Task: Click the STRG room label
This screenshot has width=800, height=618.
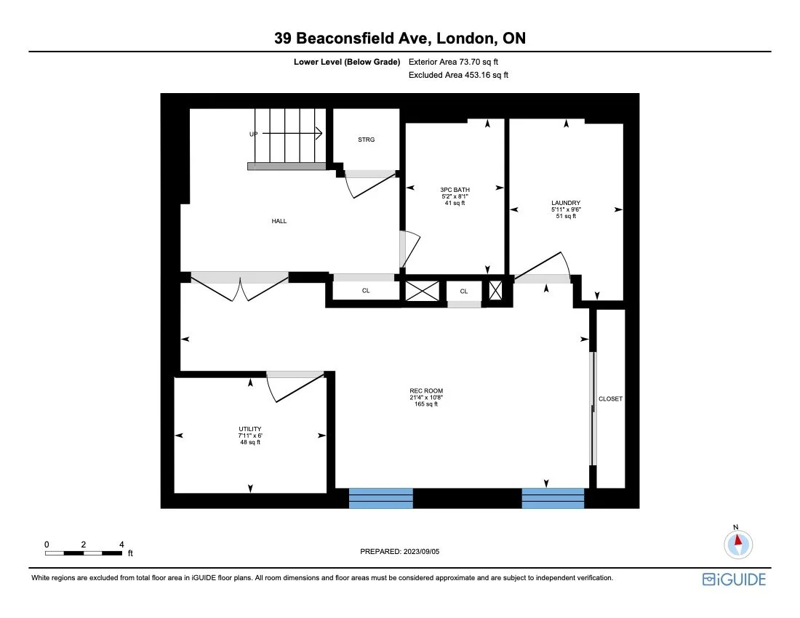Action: point(366,140)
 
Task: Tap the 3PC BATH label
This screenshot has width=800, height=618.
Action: point(454,190)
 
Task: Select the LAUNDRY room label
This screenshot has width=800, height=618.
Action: point(565,203)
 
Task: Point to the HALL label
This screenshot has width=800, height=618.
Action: point(279,221)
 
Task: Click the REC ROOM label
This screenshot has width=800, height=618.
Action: point(425,391)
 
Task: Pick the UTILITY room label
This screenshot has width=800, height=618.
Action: point(249,429)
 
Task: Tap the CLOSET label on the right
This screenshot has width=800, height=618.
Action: point(610,399)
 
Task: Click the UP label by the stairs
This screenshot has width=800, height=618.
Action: point(253,135)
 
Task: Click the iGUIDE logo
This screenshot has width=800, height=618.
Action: point(734,579)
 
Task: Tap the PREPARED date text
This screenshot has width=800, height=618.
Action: point(400,552)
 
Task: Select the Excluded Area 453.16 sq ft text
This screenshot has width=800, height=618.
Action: point(458,75)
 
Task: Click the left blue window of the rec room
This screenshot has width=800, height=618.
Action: point(381,498)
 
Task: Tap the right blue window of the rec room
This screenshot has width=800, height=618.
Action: point(553,498)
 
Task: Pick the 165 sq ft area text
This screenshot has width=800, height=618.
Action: point(425,404)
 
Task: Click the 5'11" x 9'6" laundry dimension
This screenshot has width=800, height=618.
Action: point(565,210)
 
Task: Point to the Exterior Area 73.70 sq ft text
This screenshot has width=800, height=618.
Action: point(453,63)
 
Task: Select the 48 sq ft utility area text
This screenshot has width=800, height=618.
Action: point(249,442)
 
